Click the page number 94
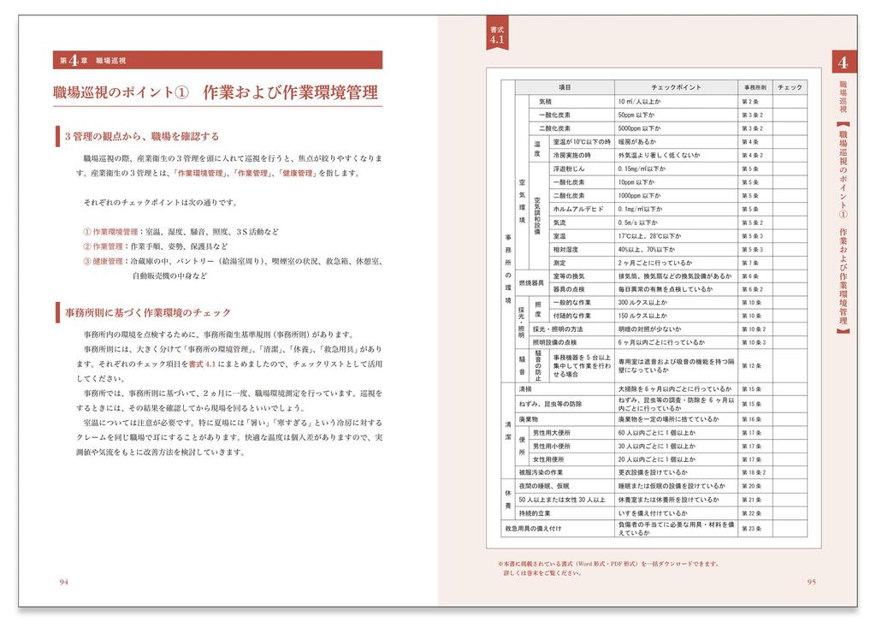point(63,583)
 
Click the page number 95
point(811,583)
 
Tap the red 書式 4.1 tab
point(498,35)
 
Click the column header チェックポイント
point(676,87)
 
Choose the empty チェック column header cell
point(790,87)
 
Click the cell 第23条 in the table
point(751,530)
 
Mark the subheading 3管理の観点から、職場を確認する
point(142,135)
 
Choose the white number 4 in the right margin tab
point(843,62)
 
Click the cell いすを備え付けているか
point(653,512)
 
